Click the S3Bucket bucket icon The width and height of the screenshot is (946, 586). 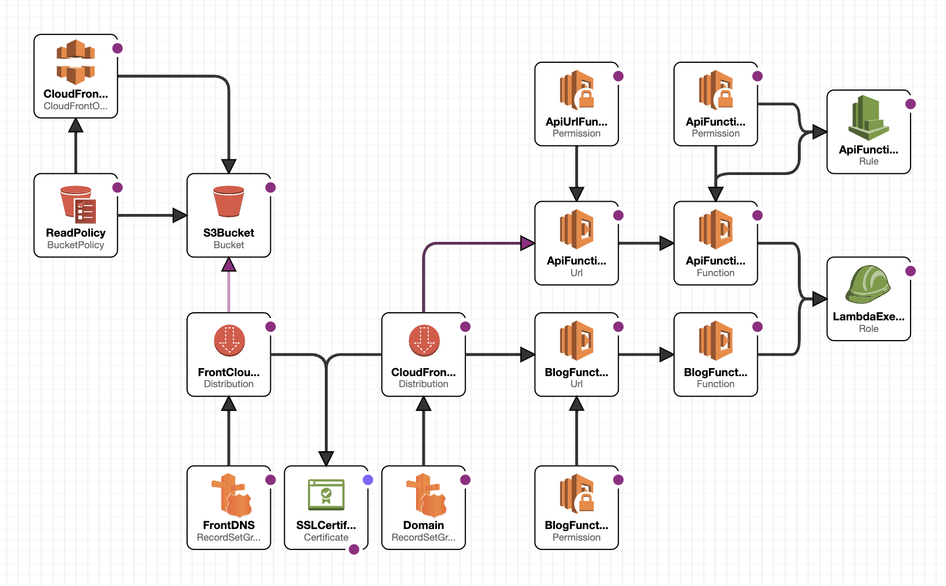point(228,201)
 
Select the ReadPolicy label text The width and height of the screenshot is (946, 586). point(76,233)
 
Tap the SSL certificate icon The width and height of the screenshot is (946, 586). point(326,494)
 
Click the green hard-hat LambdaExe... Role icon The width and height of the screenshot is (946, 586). point(868,285)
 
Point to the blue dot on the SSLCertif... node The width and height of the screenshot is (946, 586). point(368,480)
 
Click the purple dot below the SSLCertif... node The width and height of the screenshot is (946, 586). point(354,549)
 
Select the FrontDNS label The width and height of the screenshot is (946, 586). point(228,525)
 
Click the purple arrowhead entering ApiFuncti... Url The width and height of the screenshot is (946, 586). point(527,243)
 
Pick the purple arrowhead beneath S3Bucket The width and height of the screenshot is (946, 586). point(229,265)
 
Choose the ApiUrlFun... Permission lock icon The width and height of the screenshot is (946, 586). point(577,90)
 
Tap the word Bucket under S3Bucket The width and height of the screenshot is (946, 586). point(228,245)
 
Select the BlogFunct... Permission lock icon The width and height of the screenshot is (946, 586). point(577,494)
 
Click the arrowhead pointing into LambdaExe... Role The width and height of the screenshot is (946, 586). point(819,299)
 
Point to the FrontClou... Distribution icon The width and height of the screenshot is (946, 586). point(230,341)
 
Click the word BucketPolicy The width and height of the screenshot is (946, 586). point(76,245)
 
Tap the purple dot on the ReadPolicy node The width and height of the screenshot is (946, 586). point(117,187)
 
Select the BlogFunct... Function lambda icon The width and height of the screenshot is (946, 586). point(716,341)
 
